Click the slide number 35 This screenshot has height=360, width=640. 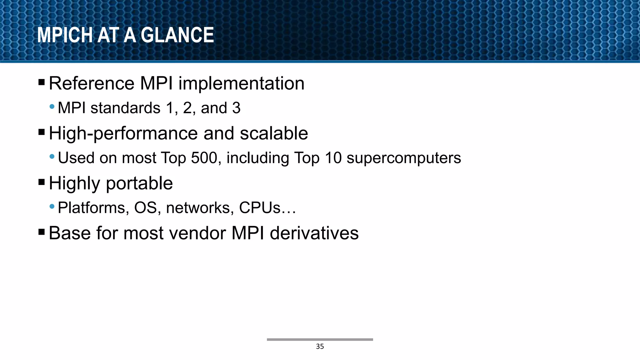(x=320, y=347)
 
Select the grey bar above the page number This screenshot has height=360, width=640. (x=320, y=339)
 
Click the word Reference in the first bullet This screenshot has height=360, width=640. (x=92, y=83)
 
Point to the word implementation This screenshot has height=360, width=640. (x=241, y=83)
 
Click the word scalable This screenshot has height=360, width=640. (x=274, y=133)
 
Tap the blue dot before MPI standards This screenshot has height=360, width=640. (x=52, y=107)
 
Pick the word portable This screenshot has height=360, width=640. (x=139, y=184)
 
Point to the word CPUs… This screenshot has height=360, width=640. (x=267, y=208)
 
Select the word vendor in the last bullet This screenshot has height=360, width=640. (x=197, y=233)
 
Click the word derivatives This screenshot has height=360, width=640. (x=314, y=233)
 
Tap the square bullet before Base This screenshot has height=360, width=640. (x=42, y=232)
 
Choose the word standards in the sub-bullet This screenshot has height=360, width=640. (x=125, y=108)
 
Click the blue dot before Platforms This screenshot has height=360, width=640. (x=52, y=206)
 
